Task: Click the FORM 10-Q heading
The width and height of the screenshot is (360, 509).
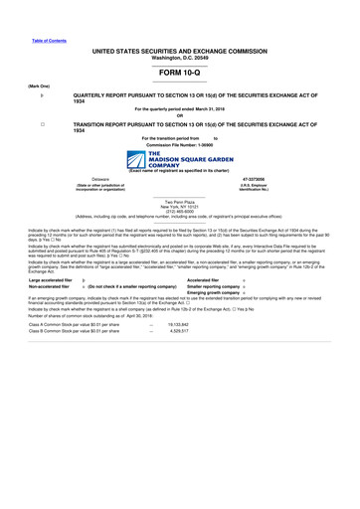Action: [x=180, y=73]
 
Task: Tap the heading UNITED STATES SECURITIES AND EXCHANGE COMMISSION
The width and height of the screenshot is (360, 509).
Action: [x=180, y=49]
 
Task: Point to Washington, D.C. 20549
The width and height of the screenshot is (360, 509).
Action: [x=180, y=56]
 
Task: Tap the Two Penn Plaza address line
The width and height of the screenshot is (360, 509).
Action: [x=180, y=201]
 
